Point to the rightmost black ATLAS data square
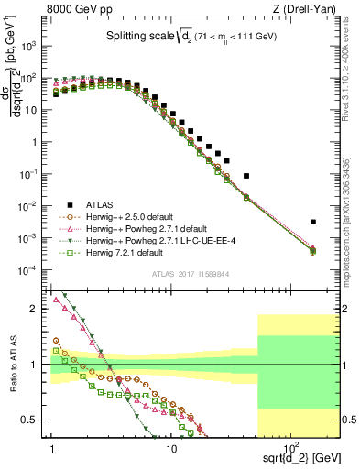313,222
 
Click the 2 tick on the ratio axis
38,309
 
